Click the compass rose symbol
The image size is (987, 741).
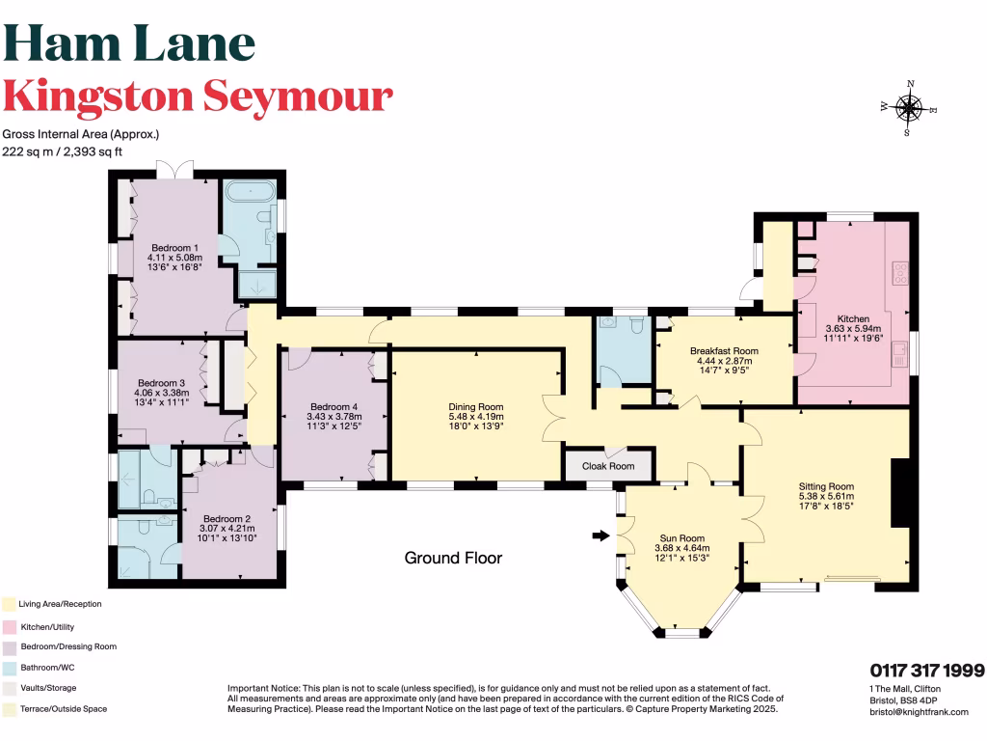click(x=908, y=107)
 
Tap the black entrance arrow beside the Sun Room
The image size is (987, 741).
click(x=600, y=535)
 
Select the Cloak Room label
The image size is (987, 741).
click(x=609, y=466)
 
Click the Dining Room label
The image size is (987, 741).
click(x=477, y=406)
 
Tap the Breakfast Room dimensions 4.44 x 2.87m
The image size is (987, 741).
click(x=724, y=360)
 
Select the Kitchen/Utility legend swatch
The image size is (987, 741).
click(x=8, y=625)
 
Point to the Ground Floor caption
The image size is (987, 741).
click(x=453, y=558)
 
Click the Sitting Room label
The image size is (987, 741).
click(x=826, y=486)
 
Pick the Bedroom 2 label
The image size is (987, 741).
click(x=227, y=518)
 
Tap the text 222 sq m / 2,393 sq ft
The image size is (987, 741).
click(x=76, y=151)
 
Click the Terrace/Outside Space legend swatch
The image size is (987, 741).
click(x=8, y=709)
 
